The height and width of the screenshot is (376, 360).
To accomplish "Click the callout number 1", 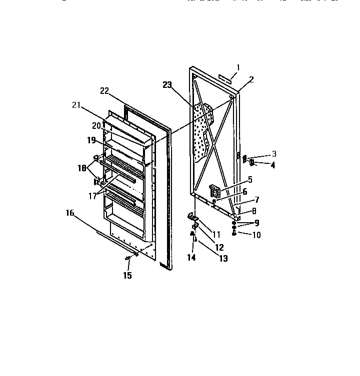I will click(238, 67).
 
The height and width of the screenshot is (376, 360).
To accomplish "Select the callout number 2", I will click(251, 79).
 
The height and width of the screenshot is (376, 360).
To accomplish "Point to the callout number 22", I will click(104, 90).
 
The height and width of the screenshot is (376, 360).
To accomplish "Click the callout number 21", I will click(76, 104).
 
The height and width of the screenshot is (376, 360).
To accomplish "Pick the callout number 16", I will click(70, 213).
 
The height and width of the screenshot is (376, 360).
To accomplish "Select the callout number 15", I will click(127, 275).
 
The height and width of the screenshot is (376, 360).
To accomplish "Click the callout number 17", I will click(92, 196).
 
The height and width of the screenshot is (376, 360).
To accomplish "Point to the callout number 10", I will click(256, 235).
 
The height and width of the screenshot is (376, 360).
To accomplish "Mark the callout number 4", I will click(272, 165).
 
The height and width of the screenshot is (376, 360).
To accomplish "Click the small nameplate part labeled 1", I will click(226, 77).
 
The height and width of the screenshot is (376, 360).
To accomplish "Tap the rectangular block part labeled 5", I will click(215, 191).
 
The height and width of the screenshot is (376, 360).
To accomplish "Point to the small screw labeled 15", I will click(127, 258).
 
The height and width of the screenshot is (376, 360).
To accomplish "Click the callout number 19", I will click(91, 140).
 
